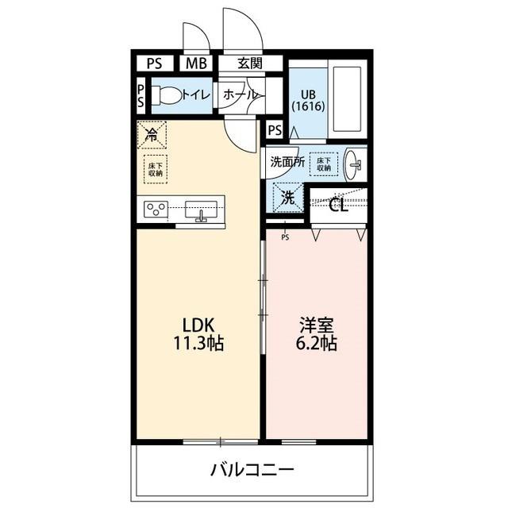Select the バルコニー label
[x=252, y=468]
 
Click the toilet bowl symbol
[x=166, y=95]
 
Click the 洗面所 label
[x=287, y=160]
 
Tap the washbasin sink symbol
[x=356, y=165]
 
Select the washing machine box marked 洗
[x=288, y=198]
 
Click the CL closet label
[x=338, y=206]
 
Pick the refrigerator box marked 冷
[x=151, y=133]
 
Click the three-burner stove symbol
[x=156, y=210]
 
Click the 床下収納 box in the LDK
[x=155, y=168]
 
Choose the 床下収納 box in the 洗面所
[x=324, y=163]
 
